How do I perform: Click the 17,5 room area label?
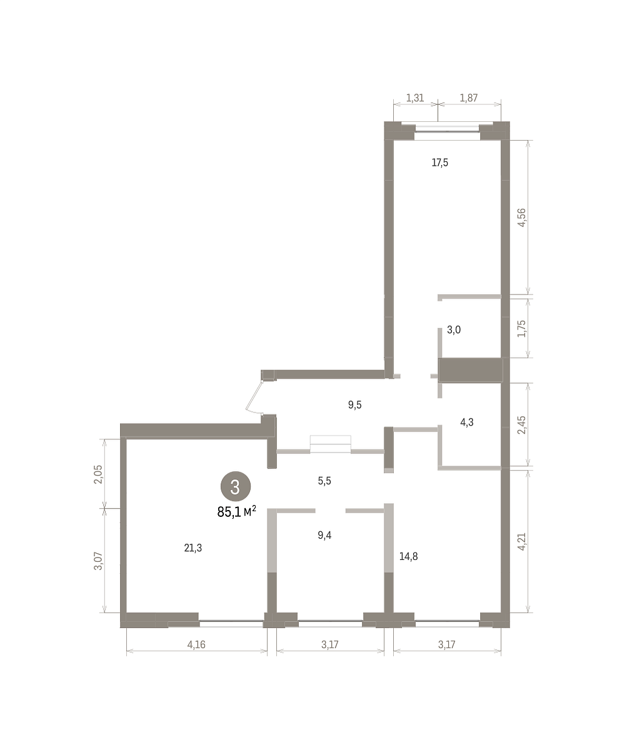point(439,162)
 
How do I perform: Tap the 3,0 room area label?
point(453,330)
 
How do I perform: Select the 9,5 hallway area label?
point(354,405)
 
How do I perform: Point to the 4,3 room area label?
point(467,422)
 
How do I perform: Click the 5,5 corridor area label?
point(324,481)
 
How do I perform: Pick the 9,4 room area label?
point(324,535)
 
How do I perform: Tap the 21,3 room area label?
point(193,547)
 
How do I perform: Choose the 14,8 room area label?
point(409,556)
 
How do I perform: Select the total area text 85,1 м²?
point(237,511)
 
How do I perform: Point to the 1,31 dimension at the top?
point(415,97)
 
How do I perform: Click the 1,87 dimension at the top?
point(469,97)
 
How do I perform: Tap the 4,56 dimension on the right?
point(521,217)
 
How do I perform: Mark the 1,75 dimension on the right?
point(521,328)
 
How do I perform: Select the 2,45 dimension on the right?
point(521,424)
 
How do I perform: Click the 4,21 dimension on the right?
point(521,541)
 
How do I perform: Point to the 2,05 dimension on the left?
point(98,474)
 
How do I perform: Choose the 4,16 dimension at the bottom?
point(196,645)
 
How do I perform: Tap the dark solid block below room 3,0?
point(470,370)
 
